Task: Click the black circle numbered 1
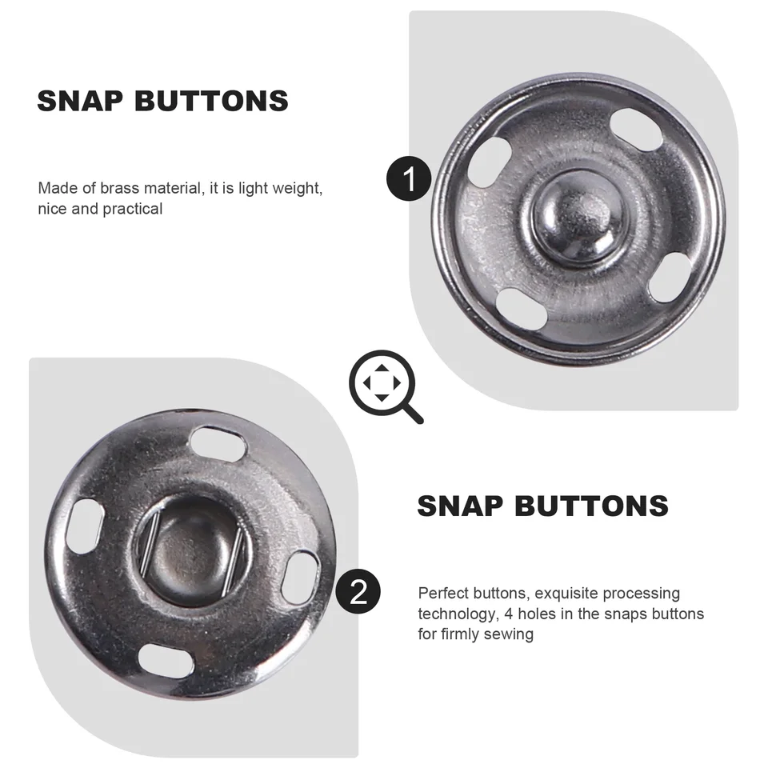pyautogui.click(x=409, y=178)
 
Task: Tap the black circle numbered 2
pyautogui.click(x=358, y=592)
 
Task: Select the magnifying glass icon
pyautogui.click(x=386, y=386)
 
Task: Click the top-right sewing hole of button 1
pyautogui.click(x=636, y=130)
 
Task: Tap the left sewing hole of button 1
pyautogui.click(x=490, y=162)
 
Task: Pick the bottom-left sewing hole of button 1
pyautogui.click(x=522, y=309)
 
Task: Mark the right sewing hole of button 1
pyautogui.click(x=669, y=278)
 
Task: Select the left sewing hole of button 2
pyautogui.click(x=85, y=526)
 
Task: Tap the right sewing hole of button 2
pyautogui.click(x=300, y=577)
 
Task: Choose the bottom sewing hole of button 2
pyautogui.click(x=165, y=662)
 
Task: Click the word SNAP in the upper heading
pyautogui.click(x=80, y=101)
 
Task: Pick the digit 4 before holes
pyautogui.click(x=509, y=614)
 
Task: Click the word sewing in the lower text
pyautogui.click(x=509, y=634)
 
